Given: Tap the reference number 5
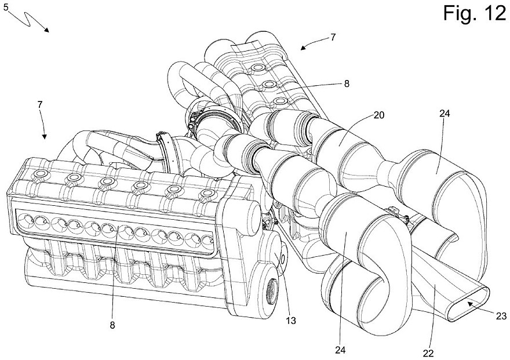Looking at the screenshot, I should coord(5,8).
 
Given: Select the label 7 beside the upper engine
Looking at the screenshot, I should coord(332,37).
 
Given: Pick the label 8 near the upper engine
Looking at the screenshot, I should coord(347,83).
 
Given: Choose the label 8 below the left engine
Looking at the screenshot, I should coord(111,325).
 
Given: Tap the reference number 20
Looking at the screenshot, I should coord(379,115).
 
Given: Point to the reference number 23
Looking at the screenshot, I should coord(500,315).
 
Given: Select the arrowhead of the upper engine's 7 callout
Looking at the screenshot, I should coord(303,47).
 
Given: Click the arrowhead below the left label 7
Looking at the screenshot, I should coord(45,137).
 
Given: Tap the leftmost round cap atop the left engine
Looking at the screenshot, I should coord(41,174).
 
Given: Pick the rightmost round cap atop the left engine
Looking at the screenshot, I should coord(207,193).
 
